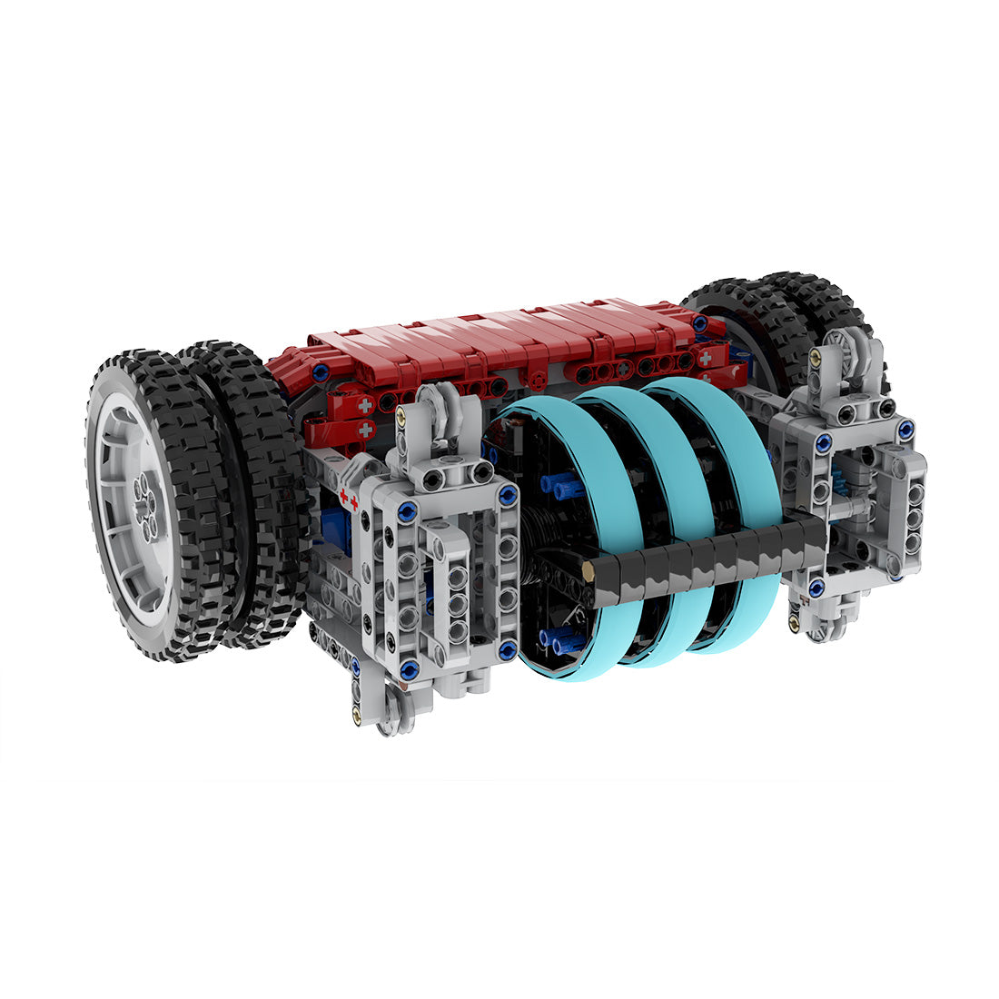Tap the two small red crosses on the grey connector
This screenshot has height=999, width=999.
tap(347, 496)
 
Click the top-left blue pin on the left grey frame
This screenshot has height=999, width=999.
tap(407, 511)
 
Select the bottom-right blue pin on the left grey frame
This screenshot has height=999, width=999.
tap(508, 649)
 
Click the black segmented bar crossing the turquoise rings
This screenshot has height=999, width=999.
tap(708, 559)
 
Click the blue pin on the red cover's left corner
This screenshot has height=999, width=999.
tap(320, 371)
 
